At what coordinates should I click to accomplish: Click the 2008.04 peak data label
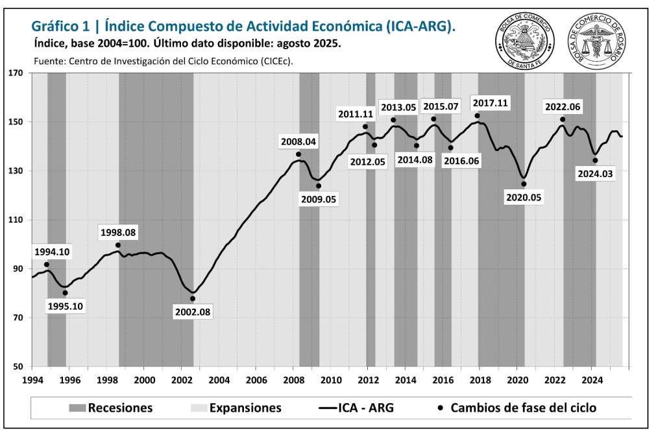tap(298, 141)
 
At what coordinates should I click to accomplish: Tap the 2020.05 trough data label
tap(524, 196)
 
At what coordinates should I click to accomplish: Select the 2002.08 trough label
tap(193, 312)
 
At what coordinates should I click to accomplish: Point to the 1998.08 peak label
tap(118, 232)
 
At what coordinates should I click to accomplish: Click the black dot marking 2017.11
tap(477, 116)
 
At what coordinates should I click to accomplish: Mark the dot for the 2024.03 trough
tap(595, 161)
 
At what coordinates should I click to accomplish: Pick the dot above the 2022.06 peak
tap(563, 119)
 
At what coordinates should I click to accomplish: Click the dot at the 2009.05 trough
tap(319, 186)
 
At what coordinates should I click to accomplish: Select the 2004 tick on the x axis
tap(219, 379)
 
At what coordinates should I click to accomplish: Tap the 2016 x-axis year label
tap(443, 379)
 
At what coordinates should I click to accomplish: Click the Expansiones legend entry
tap(236, 408)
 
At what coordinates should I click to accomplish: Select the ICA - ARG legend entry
tap(356, 408)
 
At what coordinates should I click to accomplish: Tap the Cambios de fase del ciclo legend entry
tap(517, 408)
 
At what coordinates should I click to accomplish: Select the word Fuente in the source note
tap(48, 62)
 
